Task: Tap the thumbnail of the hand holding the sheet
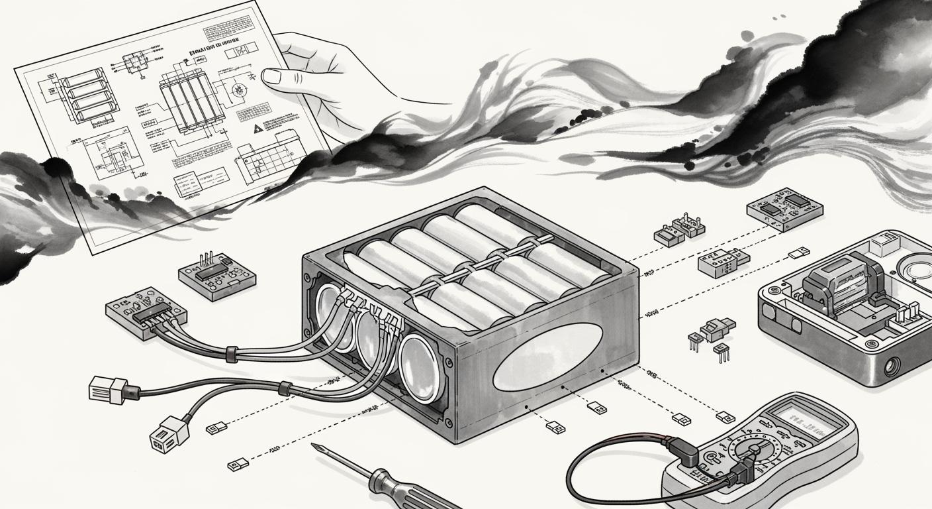[272, 76]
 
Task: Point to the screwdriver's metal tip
[316, 449]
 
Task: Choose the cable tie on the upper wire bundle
[232, 353]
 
